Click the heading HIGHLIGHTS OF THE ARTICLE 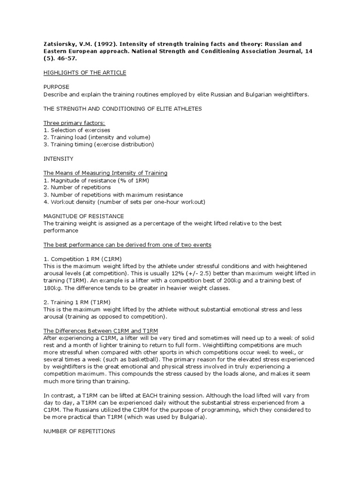84,73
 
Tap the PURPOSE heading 56,87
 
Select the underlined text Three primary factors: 74,123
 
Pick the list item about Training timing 98,144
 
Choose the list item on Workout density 124,202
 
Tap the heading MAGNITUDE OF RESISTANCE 83,217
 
